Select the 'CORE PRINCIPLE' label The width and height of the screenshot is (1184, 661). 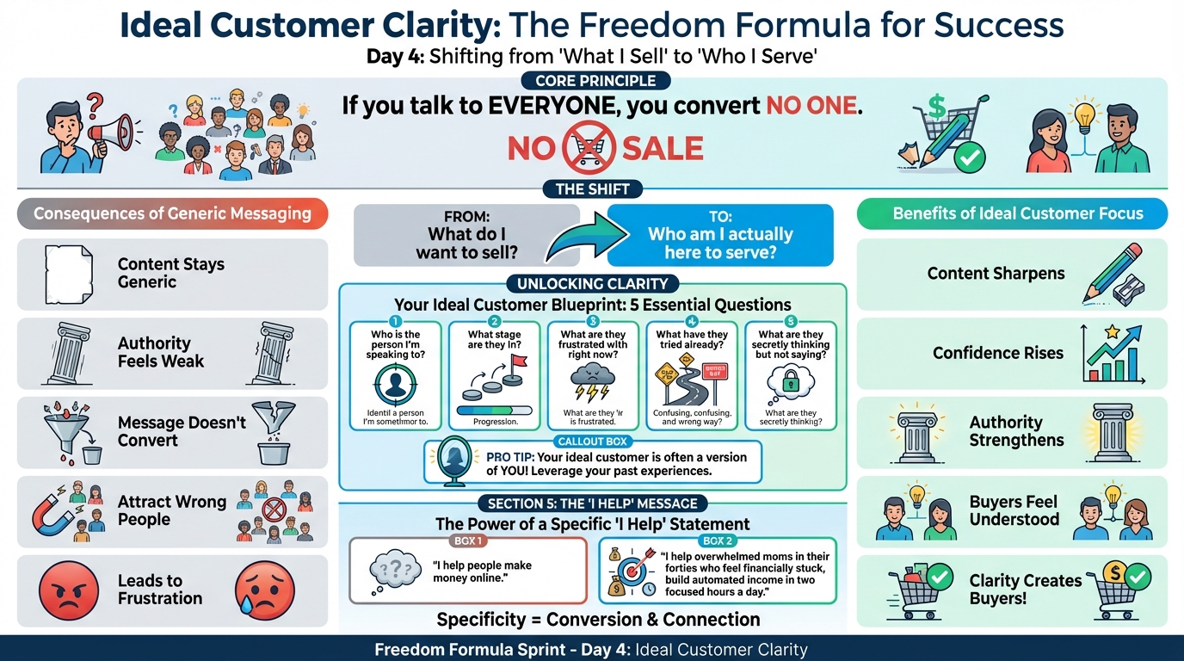pyautogui.click(x=595, y=81)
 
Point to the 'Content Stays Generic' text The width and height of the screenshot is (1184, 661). pyautogui.click(x=170, y=273)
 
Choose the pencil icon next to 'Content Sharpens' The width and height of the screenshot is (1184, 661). pyautogui.click(x=1115, y=272)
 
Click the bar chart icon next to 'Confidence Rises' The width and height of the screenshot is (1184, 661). pyautogui.click(x=1113, y=352)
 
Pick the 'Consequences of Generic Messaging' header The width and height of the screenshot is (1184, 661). pyautogui.click(x=172, y=213)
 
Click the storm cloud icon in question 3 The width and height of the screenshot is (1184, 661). pyautogui.click(x=593, y=379)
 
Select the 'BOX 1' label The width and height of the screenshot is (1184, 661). pyautogui.click(x=467, y=541)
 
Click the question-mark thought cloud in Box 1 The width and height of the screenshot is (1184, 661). pyautogui.click(x=389, y=571)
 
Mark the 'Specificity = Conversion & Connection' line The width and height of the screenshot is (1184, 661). pyautogui.click(x=598, y=619)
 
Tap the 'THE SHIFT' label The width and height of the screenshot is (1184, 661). pyautogui.click(x=593, y=189)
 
